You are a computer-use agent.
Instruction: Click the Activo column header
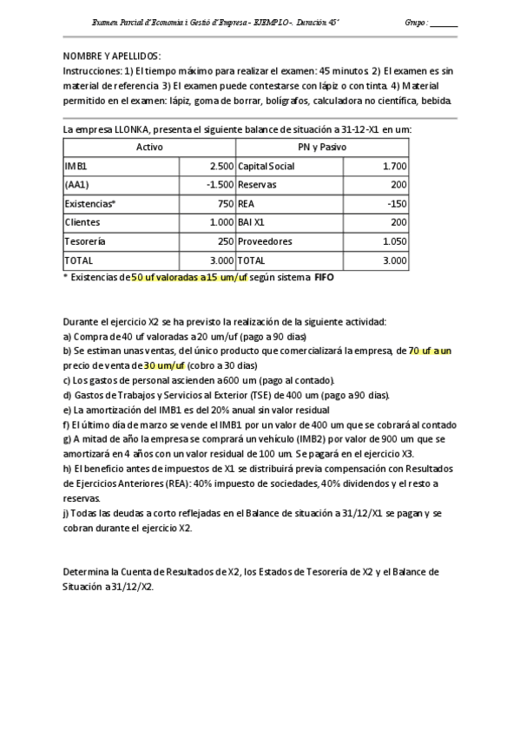pyautogui.click(x=149, y=148)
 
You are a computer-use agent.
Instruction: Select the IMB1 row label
pyautogui.click(x=76, y=166)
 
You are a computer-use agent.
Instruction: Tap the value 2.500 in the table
pyautogui.click(x=221, y=166)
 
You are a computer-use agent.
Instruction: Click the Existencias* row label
pyautogui.click(x=89, y=203)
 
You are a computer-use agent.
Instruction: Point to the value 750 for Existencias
pyautogui.click(x=226, y=203)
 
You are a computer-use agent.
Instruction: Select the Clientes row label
pyautogui.click(x=82, y=222)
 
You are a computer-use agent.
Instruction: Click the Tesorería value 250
pyautogui.click(x=226, y=240)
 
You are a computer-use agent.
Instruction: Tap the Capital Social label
pyautogui.click(x=266, y=166)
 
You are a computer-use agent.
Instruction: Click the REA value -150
pyautogui.click(x=397, y=203)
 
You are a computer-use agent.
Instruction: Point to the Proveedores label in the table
pyautogui.click(x=265, y=240)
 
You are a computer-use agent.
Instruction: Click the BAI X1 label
pyautogui.click(x=254, y=222)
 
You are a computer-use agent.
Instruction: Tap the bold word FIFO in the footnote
pyautogui.click(x=324, y=279)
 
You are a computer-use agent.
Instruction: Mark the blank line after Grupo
pyautogui.click(x=444, y=23)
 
